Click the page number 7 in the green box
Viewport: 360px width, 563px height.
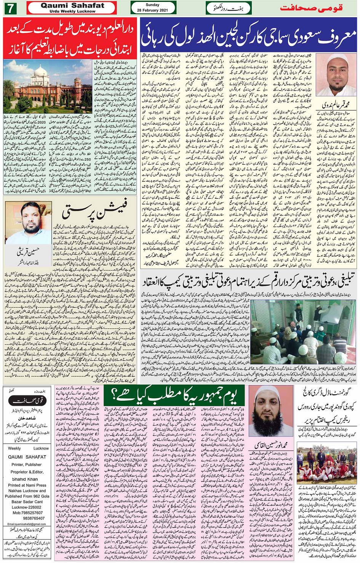click(10, 8)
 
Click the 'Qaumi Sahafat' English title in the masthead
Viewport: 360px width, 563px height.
click(72, 6)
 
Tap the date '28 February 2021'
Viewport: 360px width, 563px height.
click(153, 10)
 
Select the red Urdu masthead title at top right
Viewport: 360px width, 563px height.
click(311, 8)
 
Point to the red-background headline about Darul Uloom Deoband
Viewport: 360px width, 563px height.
click(70, 38)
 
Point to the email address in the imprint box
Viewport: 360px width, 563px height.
click(27, 524)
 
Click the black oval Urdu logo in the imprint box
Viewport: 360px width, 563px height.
click(27, 401)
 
